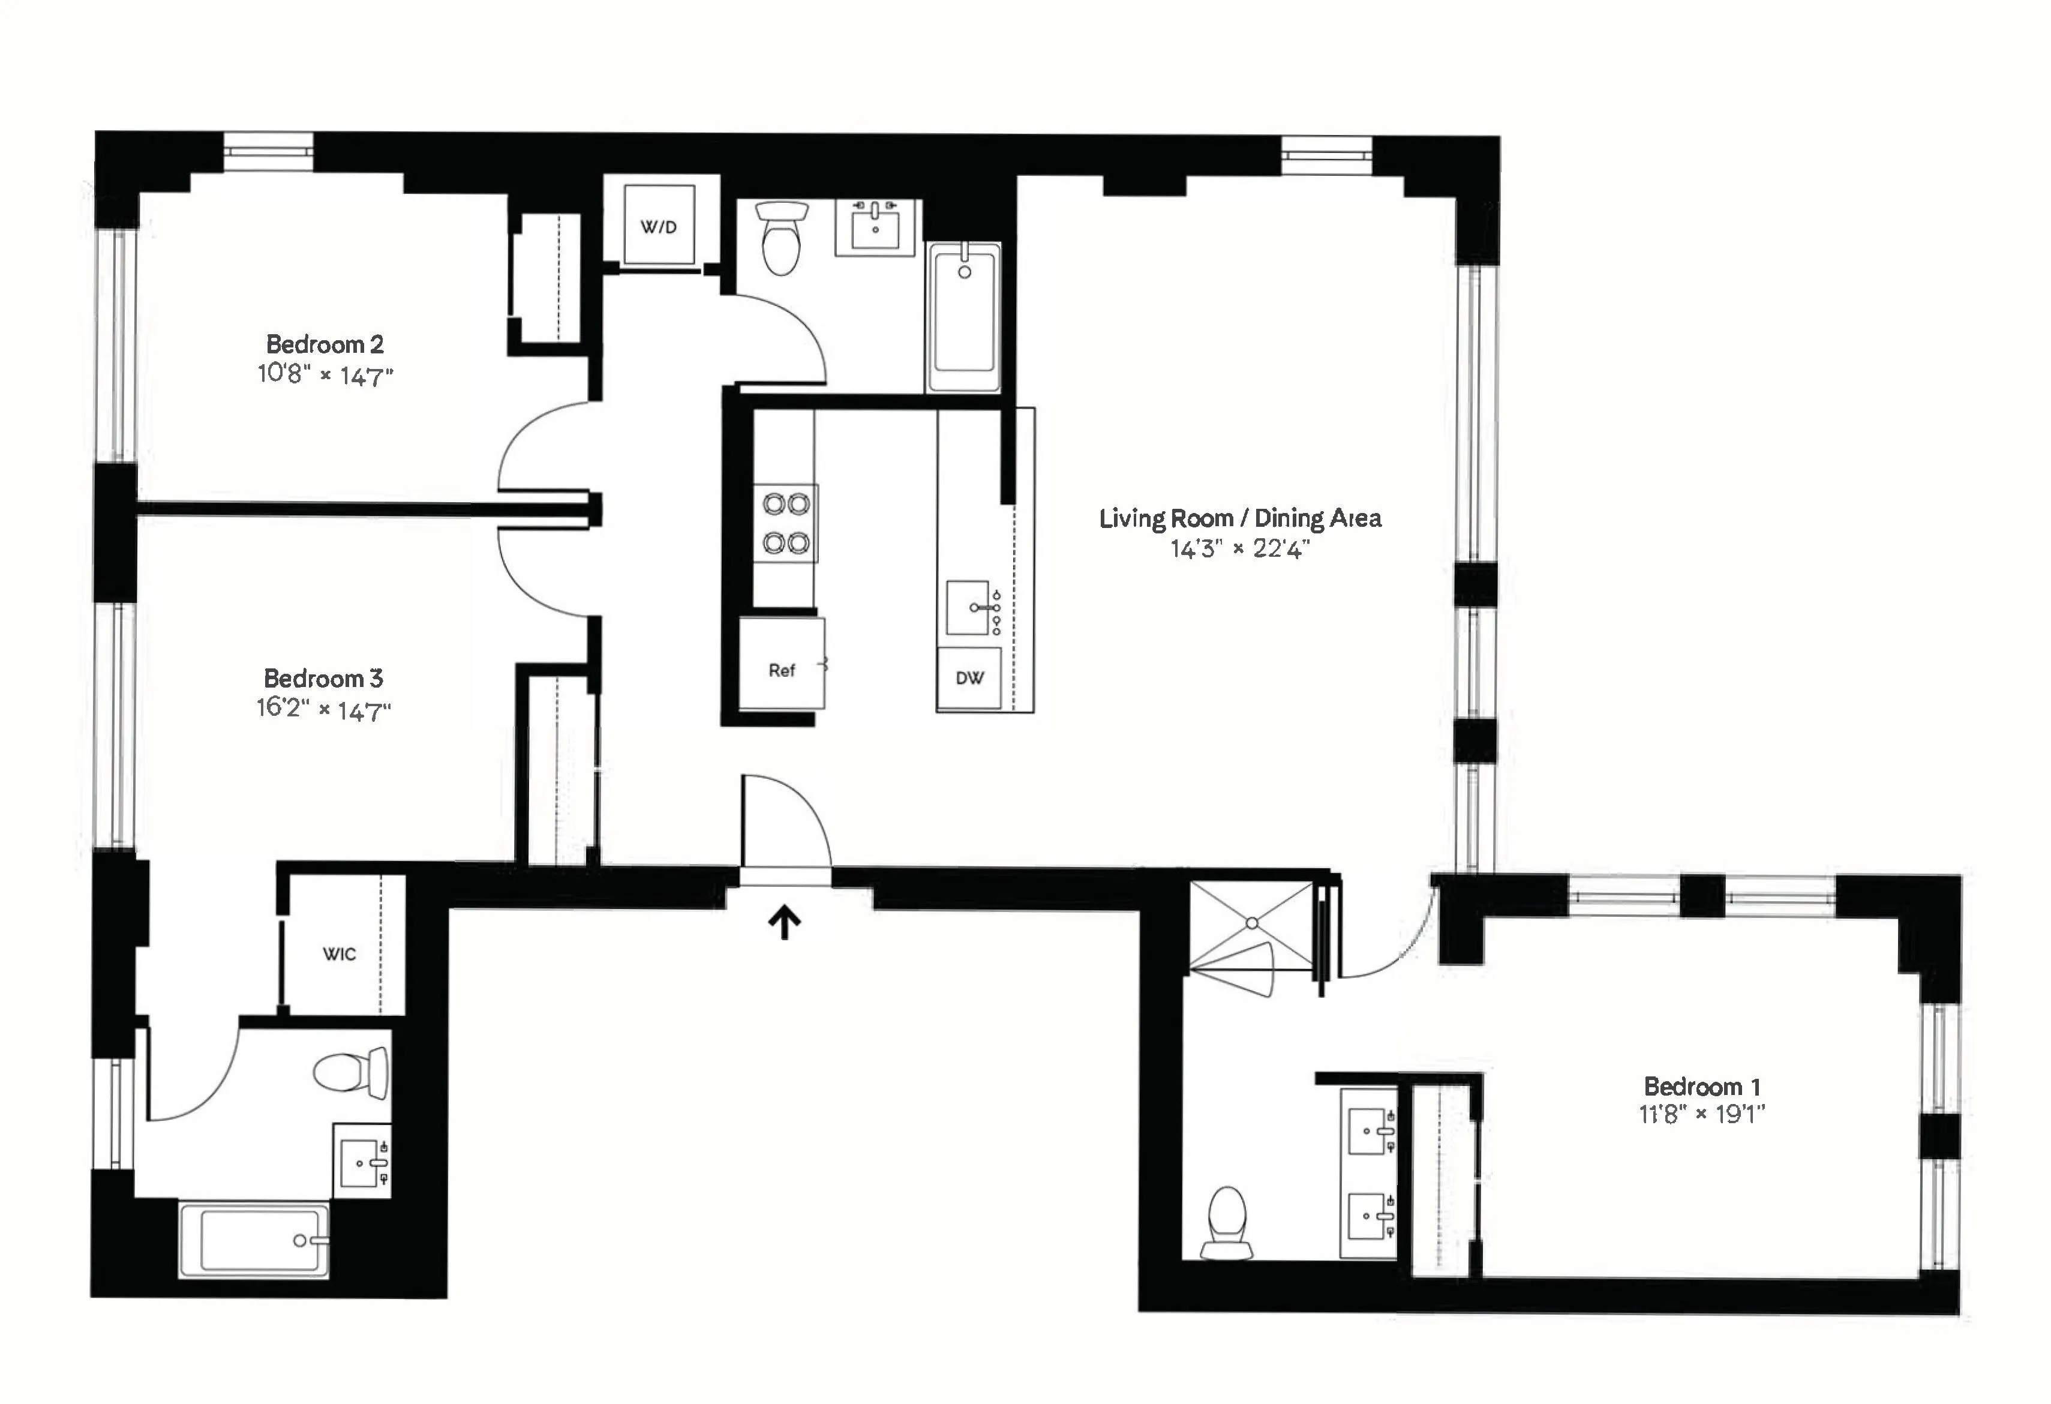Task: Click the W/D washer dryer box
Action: (658, 226)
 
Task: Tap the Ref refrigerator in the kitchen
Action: (781, 669)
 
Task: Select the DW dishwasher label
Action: (969, 678)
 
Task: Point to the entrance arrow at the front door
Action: (783, 923)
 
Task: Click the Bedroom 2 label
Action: (325, 344)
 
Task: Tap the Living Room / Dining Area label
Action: (1240, 518)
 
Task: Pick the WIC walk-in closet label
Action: (339, 954)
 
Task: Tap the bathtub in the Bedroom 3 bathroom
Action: (254, 1240)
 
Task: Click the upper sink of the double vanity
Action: (1368, 1130)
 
